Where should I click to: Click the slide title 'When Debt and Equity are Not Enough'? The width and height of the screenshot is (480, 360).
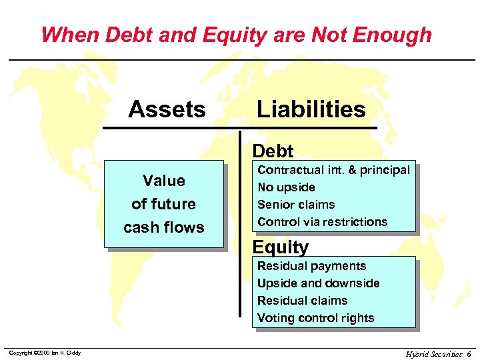click(x=236, y=34)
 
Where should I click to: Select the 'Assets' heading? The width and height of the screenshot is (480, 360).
click(x=167, y=109)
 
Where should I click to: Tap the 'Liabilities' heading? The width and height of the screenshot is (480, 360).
click(x=311, y=109)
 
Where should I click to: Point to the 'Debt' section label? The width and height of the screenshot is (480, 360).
click(x=273, y=151)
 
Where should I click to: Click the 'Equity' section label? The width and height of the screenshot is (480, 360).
click(x=281, y=247)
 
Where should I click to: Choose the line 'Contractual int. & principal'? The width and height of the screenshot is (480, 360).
click(x=333, y=170)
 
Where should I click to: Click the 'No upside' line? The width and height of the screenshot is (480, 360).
click(x=286, y=187)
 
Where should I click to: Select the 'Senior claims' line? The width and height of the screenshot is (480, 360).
click(x=296, y=205)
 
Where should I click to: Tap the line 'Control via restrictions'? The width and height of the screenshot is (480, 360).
click(x=322, y=222)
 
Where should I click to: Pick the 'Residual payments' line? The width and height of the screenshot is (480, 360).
click(x=311, y=266)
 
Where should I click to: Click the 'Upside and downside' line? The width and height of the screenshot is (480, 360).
click(x=318, y=283)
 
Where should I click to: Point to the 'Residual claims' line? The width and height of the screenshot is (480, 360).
click(x=302, y=301)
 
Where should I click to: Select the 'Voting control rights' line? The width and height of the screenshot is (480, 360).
click(x=315, y=318)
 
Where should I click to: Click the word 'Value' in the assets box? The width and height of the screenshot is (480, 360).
click(x=163, y=181)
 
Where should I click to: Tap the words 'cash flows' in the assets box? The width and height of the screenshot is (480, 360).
click(x=163, y=227)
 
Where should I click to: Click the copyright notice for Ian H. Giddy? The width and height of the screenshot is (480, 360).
click(x=44, y=353)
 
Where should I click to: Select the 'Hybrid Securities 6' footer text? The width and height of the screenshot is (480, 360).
click(x=438, y=353)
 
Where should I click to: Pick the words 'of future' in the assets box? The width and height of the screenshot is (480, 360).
click(x=163, y=204)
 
